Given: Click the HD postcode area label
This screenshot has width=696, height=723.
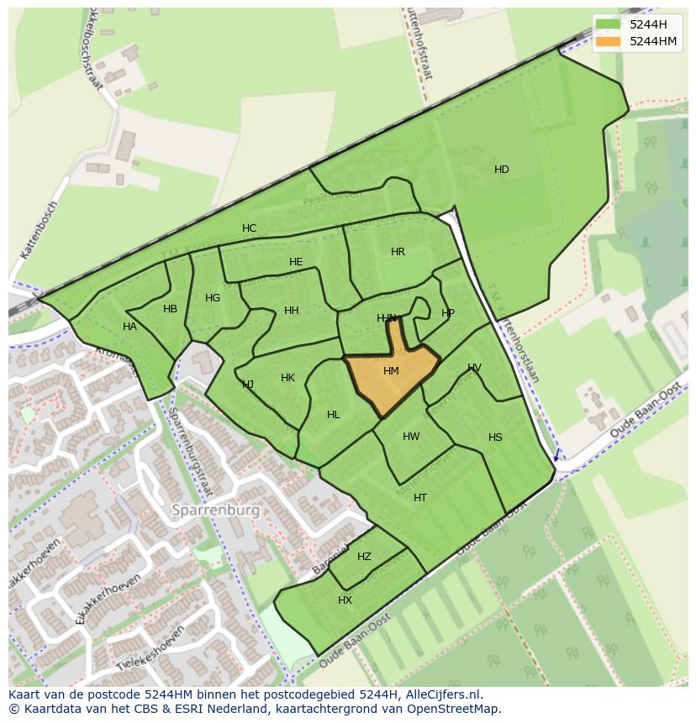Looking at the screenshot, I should [x=502, y=170].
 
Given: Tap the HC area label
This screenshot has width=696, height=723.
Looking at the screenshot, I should [x=250, y=228].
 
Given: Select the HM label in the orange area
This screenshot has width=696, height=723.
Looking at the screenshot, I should [x=391, y=371].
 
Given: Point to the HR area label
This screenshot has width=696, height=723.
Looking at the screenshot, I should [x=398, y=252].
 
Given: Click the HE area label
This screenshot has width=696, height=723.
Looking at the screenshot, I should [x=296, y=262].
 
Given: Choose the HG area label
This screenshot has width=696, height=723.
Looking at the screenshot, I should [x=213, y=298].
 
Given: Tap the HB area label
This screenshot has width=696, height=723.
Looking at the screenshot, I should [x=171, y=309].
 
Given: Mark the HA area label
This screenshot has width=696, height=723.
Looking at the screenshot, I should [x=129, y=327].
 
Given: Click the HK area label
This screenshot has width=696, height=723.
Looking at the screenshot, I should [x=288, y=378].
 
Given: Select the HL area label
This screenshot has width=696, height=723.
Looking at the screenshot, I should [x=334, y=415].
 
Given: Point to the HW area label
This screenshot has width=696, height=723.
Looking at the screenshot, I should [x=411, y=437].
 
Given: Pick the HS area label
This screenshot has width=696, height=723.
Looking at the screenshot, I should [x=495, y=437].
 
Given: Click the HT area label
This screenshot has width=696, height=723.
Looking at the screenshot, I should [x=420, y=498].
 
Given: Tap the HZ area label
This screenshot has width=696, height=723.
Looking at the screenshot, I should [x=364, y=557].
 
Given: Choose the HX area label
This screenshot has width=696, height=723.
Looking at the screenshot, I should [x=345, y=600].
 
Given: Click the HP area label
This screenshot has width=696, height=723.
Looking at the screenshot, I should [x=448, y=313].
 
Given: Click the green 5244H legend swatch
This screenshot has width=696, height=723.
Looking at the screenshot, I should [x=608, y=24].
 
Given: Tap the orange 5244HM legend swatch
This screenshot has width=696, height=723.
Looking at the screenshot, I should [x=608, y=41].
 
